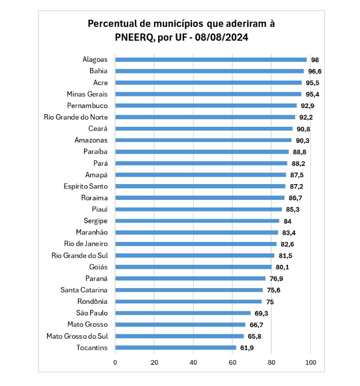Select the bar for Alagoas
211,59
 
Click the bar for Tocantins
175,347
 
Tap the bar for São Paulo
183,313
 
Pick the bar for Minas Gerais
208,94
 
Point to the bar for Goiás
193,267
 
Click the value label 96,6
315,71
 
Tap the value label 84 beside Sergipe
287,221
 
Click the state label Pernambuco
87,106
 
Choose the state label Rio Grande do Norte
76,117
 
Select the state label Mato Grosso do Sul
77,336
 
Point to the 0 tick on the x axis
116,362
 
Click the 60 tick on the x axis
233,362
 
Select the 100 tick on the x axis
310,362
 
